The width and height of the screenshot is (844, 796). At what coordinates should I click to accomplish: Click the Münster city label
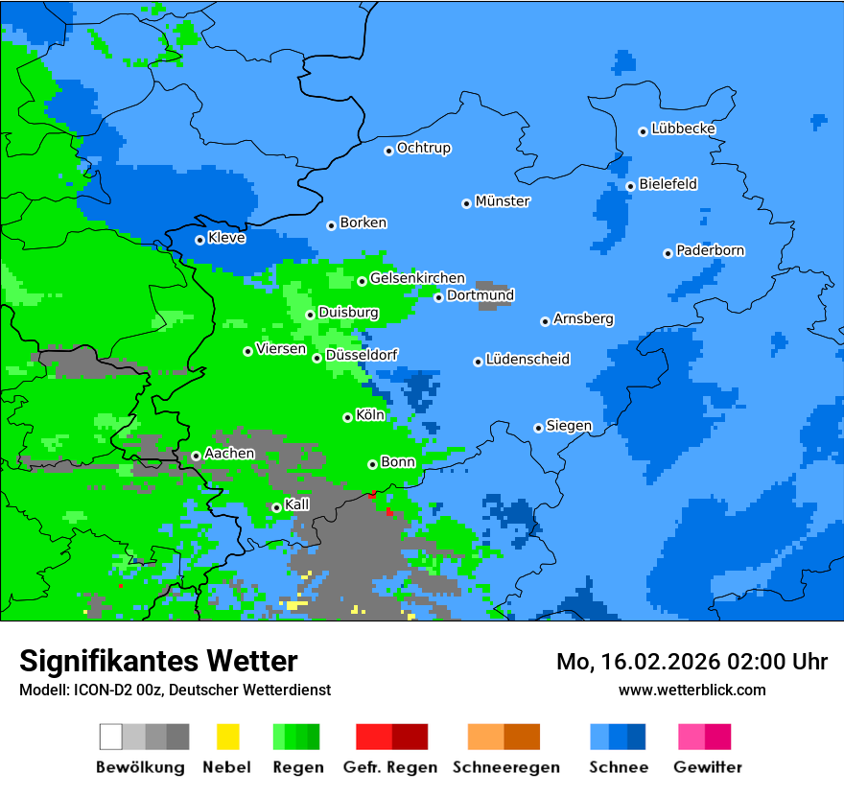(x=503, y=201)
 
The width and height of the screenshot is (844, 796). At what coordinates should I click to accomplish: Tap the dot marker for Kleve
(x=199, y=240)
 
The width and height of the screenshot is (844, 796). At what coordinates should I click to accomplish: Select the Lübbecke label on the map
(x=683, y=129)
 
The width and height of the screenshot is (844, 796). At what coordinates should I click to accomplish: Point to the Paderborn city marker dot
(x=668, y=253)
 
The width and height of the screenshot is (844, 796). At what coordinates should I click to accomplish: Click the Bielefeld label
(x=668, y=184)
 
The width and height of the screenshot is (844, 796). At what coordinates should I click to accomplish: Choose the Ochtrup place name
(x=423, y=149)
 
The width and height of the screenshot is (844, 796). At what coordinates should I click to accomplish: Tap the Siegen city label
(x=569, y=426)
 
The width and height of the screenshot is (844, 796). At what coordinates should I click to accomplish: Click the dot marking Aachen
(x=196, y=457)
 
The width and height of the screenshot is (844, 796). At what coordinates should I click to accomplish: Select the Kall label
(x=297, y=504)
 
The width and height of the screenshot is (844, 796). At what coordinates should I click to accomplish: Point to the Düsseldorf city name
(x=362, y=355)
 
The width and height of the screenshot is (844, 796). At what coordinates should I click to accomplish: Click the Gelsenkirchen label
(x=417, y=278)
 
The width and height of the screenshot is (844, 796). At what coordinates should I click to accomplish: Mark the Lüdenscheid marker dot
(x=478, y=362)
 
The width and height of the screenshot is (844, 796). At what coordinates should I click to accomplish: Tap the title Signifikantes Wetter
(x=158, y=661)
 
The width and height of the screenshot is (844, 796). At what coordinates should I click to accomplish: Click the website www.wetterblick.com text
(x=692, y=690)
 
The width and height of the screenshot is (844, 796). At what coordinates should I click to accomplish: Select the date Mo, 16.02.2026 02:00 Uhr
(x=692, y=662)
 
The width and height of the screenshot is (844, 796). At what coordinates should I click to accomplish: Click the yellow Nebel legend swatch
(x=227, y=737)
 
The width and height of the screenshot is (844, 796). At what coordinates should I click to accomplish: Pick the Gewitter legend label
(x=708, y=767)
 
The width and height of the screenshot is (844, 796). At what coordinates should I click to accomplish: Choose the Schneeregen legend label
(x=505, y=767)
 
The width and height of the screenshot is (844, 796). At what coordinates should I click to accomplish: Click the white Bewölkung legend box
(x=111, y=737)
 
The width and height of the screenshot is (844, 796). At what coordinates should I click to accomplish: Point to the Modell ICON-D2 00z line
(x=175, y=690)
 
